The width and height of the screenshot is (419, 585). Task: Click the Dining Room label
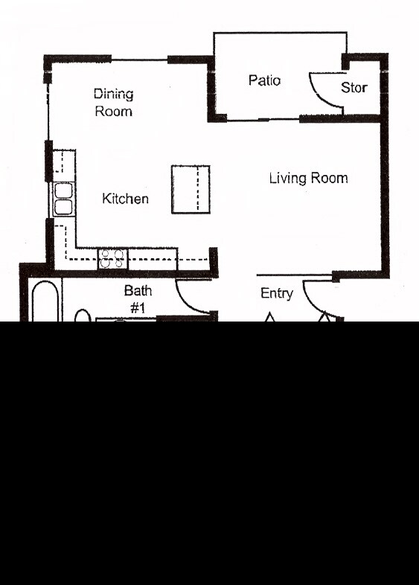tap(113, 103)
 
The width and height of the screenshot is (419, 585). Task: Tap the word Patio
tap(264, 80)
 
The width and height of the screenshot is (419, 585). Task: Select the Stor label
tap(354, 88)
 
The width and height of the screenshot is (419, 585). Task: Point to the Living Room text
tap(308, 179)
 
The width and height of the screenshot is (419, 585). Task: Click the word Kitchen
tap(125, 199)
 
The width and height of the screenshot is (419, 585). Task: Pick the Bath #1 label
tap(138, 298)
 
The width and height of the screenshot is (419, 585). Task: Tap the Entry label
tap(276, 294)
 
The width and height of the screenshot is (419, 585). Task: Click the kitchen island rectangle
tap(191, 189)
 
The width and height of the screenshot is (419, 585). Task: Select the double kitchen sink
tap(63, 199)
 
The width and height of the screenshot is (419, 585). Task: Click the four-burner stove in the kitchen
tap(112, 258)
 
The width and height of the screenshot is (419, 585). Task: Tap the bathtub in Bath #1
tap(46, 301)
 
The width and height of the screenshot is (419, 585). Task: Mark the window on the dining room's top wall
tap(139, 59)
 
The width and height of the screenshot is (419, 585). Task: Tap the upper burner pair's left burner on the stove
tap(106, 254)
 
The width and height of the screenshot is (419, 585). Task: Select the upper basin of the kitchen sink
tap(63, 189)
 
